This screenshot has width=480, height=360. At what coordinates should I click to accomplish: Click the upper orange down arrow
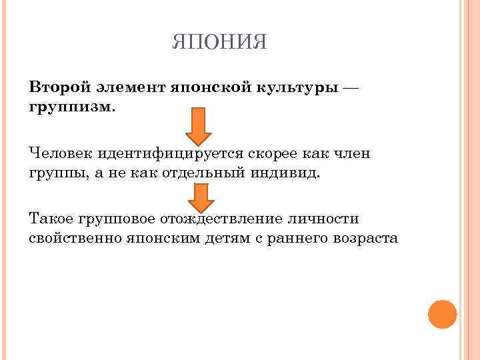pyautogui.click(x=199, y=127)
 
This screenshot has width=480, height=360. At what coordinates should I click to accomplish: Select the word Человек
pyautogui.click(x=61, y=154)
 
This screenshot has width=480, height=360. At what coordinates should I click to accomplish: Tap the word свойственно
pyautogui.click(x=75, y=238)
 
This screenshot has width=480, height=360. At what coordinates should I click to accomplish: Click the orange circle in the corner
pyautogui.click(x=441, y=314)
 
